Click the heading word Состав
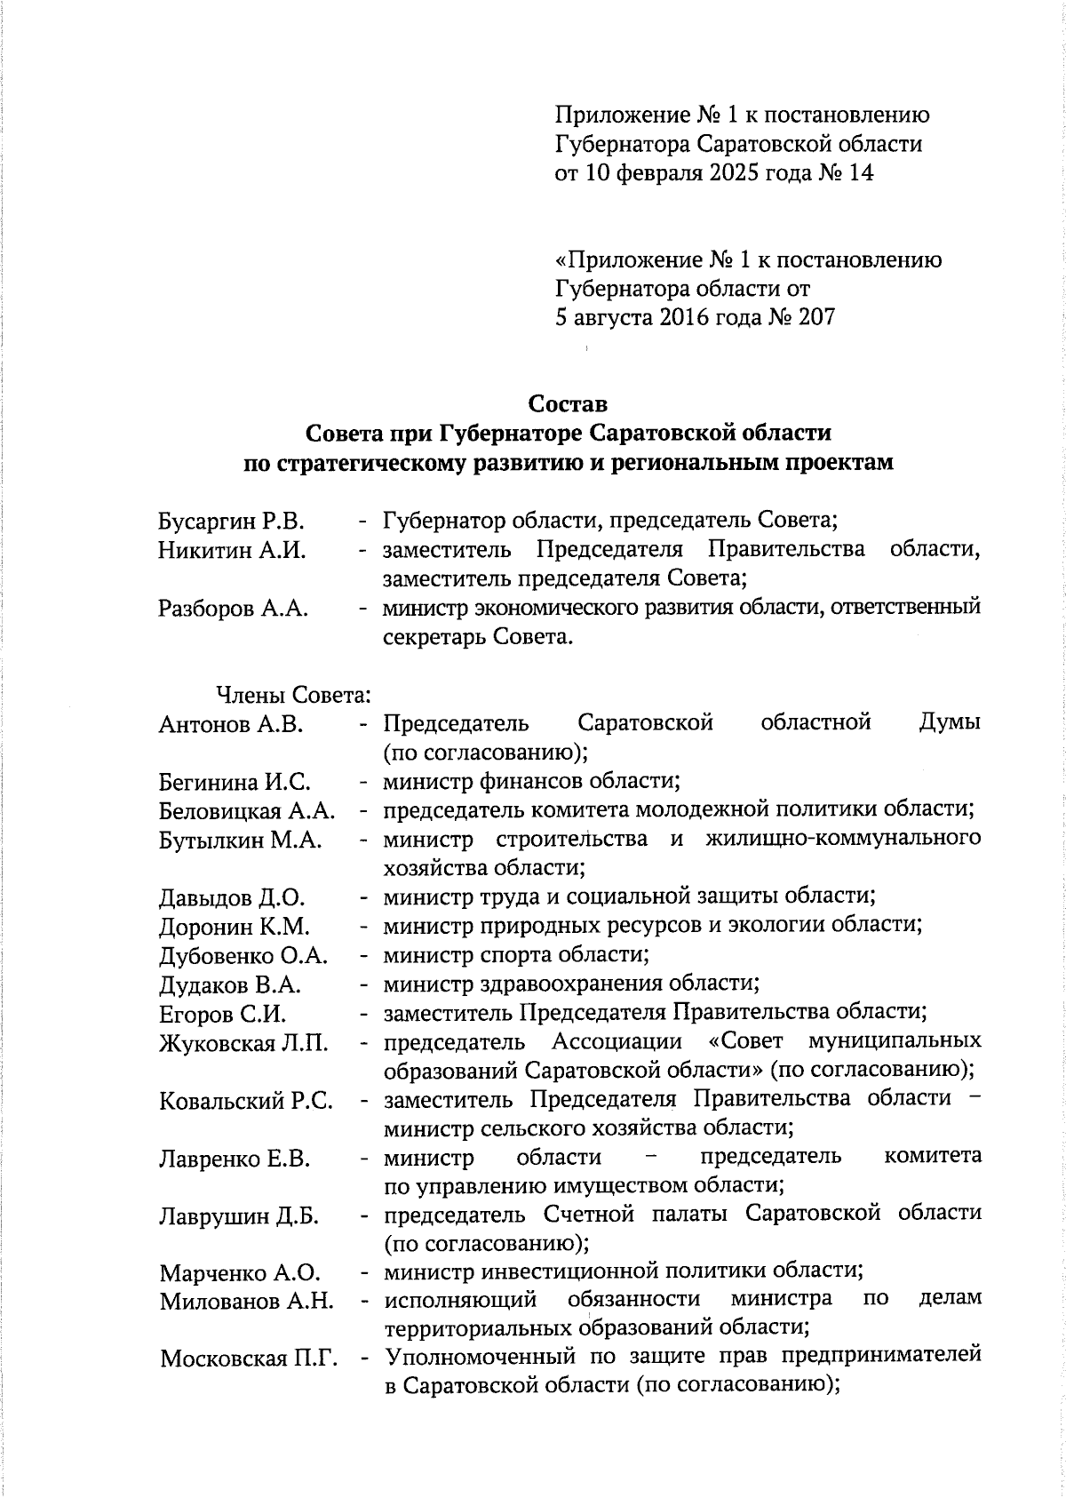pos(568,404)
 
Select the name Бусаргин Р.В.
pos(231,522)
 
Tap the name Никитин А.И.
pos(232,551)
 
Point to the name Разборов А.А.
pos(233,610)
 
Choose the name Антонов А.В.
pos(231,725)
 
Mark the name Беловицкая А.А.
pos(247,812)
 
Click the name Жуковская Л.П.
pos(243,1044)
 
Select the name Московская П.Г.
pos(250,1359)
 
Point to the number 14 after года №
pos(861,172)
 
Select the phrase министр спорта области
pos(515,955)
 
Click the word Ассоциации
pos(617,1041)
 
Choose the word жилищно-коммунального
pos(843,839)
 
